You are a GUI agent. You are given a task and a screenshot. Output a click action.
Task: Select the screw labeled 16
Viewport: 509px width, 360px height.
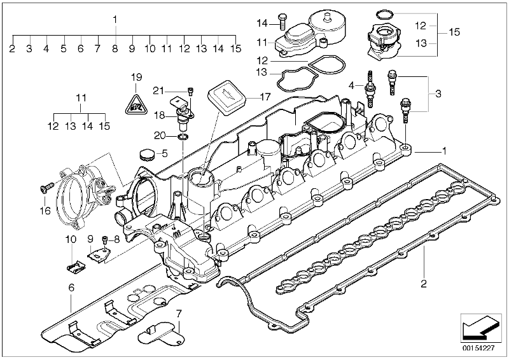[x=46, y=187]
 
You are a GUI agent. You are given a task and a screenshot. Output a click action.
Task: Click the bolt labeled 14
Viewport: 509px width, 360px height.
[x=281, y=22]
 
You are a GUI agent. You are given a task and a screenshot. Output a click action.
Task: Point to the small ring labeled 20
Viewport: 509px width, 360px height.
[x=183, y=136]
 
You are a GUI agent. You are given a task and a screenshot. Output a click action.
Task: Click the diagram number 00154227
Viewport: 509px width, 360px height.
[x=478, y=349]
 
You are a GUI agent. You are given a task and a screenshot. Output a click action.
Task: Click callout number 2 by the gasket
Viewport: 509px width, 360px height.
[x=423, y=284]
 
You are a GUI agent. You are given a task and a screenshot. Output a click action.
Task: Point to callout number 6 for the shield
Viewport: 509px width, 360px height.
[x=71, y=287]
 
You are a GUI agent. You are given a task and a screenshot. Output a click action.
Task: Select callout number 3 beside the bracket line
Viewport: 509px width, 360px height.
[x=438, y=94]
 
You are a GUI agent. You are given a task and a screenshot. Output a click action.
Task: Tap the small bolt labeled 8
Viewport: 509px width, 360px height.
[x=105, y=240]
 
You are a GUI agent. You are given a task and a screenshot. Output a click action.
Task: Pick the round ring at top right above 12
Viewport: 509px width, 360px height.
[x=385, y=14]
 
